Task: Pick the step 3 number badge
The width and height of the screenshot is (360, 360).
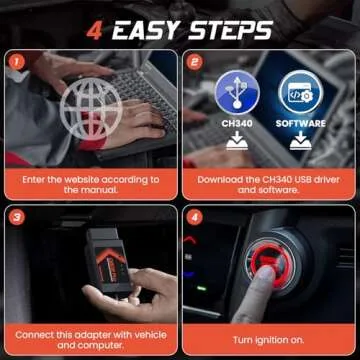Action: click(x=15, y=215)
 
